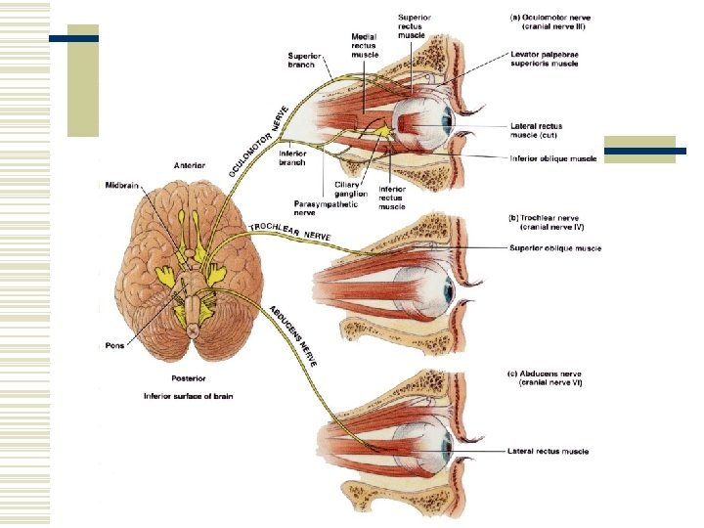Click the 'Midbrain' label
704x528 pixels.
tap(124, 184)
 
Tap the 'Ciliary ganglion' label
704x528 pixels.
tap(350, 190)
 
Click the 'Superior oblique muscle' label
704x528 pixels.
tap(555, 248)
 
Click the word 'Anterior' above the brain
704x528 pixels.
tap(189, 165)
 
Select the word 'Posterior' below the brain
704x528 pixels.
tap(189, 377)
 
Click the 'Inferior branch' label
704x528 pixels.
tap(292, 157)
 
